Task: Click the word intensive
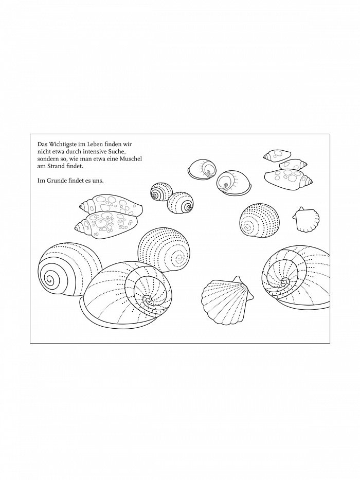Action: [x=92, y=152]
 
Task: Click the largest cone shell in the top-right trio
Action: [x=288, y=179]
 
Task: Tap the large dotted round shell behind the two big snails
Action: [x=164, y=250]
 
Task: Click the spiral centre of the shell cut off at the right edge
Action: [x=285, y=281]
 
